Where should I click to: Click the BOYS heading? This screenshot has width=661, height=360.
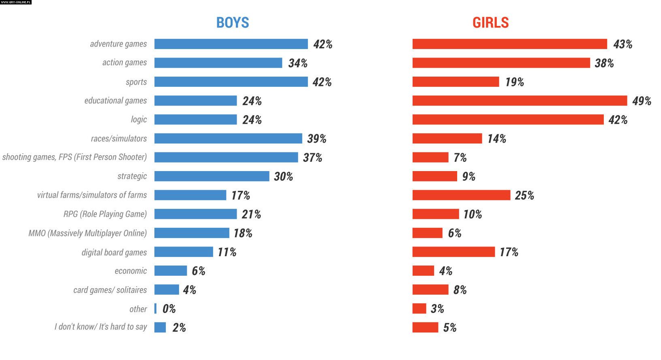click(232, 23)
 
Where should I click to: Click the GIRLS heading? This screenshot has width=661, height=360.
click(490, 23)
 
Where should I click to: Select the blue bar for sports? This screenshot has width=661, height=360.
click(231, 82)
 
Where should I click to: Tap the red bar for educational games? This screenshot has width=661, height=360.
click(520, 101)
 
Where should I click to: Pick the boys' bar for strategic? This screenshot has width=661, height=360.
click(212, 176)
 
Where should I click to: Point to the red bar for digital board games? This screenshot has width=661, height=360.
click(454, 252)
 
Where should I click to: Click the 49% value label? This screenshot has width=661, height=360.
click(642, 101)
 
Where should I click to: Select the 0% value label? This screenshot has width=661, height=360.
click(169, 309)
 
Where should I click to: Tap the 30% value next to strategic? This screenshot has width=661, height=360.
click(283, 176)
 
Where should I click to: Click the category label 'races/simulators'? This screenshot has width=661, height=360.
click(119, 139)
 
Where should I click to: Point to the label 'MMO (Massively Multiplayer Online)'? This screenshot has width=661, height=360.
click(88, 233)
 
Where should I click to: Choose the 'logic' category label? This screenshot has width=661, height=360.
click(139, 120)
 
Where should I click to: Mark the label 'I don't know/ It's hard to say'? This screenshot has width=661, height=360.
click(101, 327)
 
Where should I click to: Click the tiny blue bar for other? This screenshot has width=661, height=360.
click(155, 309)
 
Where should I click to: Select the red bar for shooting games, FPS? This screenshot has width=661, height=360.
click(430, 157)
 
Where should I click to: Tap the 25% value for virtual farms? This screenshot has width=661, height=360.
click(524, 195)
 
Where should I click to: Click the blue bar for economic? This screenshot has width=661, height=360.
click(171, 271)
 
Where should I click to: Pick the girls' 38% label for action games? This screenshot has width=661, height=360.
click(604, 63)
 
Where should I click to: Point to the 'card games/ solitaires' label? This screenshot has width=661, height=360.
click(110, 290)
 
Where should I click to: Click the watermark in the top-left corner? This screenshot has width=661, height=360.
click(16, 2)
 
